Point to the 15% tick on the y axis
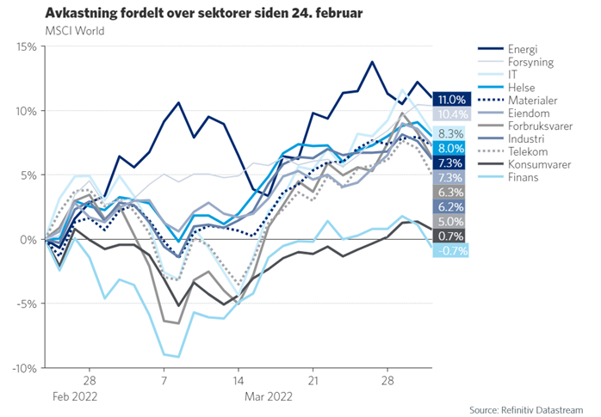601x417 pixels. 23,46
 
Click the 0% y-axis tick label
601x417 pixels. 26,239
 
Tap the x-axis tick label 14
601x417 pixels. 239,380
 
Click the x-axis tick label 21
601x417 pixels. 315,380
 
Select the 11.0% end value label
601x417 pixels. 450,100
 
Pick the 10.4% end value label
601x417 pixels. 450,114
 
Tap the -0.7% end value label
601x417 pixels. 450,251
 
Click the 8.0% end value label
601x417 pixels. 450,147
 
